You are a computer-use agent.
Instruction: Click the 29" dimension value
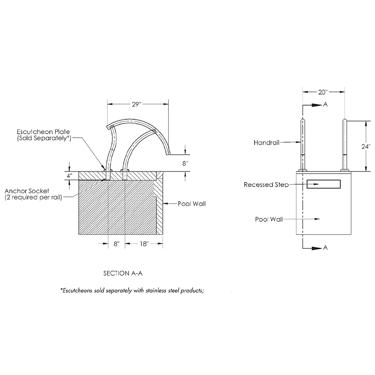[136, 104]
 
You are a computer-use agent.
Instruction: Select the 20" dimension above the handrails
[322, 92]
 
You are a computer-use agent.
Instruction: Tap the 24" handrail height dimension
[366, 146]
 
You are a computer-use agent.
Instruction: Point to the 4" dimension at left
[69, 176]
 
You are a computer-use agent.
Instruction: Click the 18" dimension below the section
[144, 244]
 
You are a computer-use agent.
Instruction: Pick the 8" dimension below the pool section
[117, 244]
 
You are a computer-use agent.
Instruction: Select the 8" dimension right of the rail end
[185, 163]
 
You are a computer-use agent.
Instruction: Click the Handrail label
[266, 143]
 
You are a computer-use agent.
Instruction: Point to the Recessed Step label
[266, 185]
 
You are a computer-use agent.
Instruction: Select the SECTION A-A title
[123, 273]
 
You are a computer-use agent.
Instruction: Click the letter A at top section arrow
[325, 105]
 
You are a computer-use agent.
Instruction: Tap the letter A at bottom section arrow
[325, 247]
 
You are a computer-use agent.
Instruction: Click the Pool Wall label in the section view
[192, 204]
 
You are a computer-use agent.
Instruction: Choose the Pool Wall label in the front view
[269, 219]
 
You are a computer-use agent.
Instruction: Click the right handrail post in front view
[345, 145]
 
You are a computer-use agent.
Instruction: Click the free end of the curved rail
[168, 154]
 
